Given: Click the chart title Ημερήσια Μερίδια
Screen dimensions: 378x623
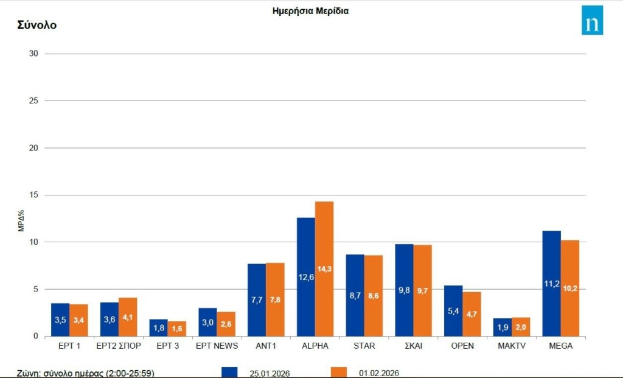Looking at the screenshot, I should coord(310,10).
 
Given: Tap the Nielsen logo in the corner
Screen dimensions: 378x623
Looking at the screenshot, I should coord(592,20).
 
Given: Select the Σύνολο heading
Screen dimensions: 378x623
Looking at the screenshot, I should coord(37,25).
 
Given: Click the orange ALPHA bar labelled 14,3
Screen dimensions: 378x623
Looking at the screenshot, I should coord(324,268).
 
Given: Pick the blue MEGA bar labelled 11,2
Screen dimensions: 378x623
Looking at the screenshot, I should coord(551,283).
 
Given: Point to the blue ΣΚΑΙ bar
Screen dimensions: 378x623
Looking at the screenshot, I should coord(404,290).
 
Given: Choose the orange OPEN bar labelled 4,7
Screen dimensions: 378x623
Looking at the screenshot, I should coord(472,313).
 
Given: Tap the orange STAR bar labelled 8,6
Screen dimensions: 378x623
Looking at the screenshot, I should coord(374,295).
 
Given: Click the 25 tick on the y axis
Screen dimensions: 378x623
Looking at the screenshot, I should coord(33,100).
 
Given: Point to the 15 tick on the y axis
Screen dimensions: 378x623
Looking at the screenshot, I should coord(33,195).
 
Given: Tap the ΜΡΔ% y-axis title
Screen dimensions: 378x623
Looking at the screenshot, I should coord(21,220).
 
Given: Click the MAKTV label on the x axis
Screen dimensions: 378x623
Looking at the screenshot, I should coord(511,346).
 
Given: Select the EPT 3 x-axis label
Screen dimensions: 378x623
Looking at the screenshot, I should coord(167,346).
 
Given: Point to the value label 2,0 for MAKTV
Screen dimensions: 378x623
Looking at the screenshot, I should coord(521,327).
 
